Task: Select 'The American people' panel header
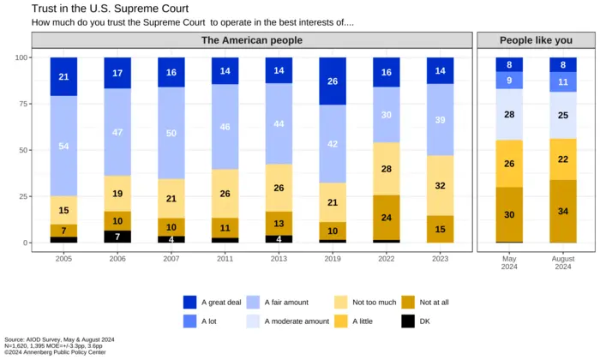pyautogui.click(x=252, y=40)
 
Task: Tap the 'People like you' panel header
pyautogui.click(x=536, y=40)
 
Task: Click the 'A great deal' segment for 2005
pyautogui.click(x=63, y=77)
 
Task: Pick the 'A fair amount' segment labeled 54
pyautogui.click(x=63, y=147)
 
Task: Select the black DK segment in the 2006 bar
pyautogui.click(x=117, y=237)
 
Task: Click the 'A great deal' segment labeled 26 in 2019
pyautogui.click(x=333, y=81)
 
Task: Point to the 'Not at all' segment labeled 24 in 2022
pyautogui.click(x=386, y=218)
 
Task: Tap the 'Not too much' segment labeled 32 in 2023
pyautogui.click(x=440, y=185)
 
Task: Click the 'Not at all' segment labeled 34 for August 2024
pyautogui.click(x=562, y=211)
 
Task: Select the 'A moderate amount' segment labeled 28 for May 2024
pyautogui.click(x=509, y=115)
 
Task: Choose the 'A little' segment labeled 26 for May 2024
pyautogui.click(x=509, y=164)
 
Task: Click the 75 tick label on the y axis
pyautogui.click(x=21, y=104)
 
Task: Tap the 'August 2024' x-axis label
pyautogui.click(x=562, y=261)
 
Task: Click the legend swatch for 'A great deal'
pyautogui.click(x=190, y=303)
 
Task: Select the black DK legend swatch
pyautogui.click(x=408, y=321)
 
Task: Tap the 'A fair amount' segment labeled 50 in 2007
pyautogui.click(x=171, y=133)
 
